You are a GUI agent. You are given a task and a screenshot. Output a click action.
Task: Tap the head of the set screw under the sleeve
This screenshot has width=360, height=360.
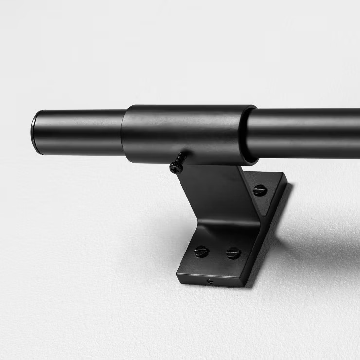175,168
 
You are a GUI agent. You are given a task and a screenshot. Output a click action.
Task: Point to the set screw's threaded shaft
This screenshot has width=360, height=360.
181,158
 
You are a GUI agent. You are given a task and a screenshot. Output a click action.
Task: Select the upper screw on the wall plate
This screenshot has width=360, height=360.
259,190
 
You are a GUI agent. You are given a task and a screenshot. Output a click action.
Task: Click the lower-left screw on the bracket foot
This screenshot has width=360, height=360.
201,252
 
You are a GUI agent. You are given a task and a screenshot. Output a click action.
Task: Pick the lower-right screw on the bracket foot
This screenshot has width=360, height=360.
233,253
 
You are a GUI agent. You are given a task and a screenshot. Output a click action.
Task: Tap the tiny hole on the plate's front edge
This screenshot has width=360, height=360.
210,281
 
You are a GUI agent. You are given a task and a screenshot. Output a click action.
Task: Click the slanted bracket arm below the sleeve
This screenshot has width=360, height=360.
214,195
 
